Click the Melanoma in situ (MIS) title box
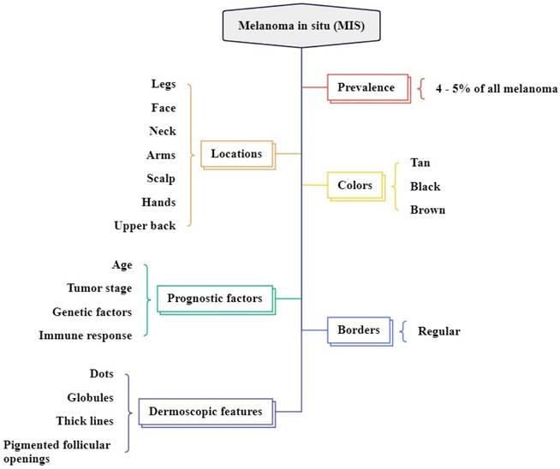tap(302, 25)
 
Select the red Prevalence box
tap(366, 87)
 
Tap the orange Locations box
tap(236, 154)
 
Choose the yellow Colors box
tap(354, 185)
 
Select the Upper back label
tap(145, 225)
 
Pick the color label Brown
tap(427, 209)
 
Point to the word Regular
tap(438, 330)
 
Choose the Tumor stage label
tap(99, 288)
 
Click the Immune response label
tap(86, 335)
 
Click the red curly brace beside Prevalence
tap(422, 87)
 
